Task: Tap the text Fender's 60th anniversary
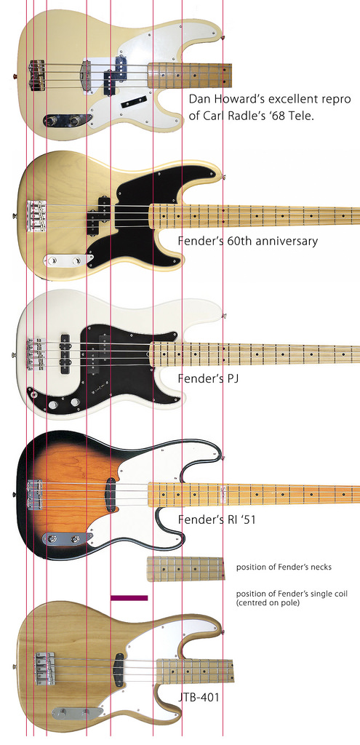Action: click(248, 241)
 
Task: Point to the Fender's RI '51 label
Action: click(217, 519)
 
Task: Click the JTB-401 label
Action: click(199, 698)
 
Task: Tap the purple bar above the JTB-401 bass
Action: click(129, 598)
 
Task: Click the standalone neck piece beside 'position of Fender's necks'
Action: click(185, 569)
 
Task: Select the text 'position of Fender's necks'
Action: click(284, 567)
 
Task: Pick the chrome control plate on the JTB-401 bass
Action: click(77, 713)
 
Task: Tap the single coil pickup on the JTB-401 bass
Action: click(119, 670)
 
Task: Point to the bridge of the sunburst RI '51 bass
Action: click(36, 494)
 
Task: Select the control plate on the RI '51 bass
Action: click(68, 539)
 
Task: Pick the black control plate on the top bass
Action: click(68, 120)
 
